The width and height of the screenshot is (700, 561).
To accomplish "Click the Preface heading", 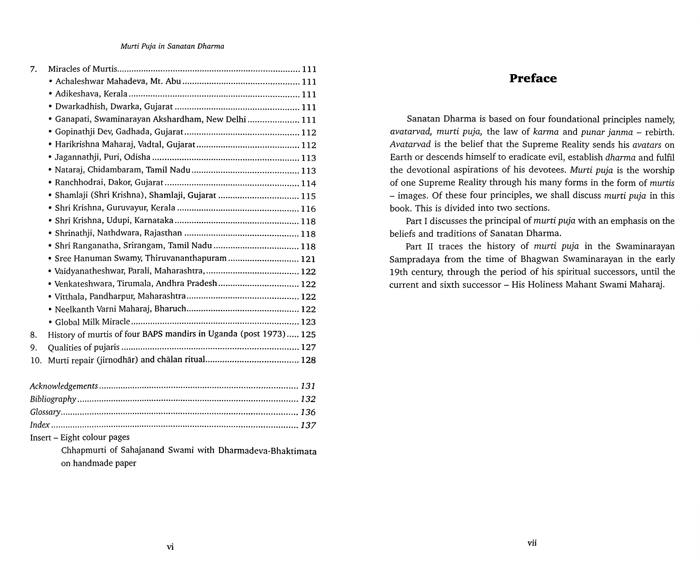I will pyautogui.click(x=533, y=79).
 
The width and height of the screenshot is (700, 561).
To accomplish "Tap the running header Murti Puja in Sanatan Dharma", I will pyautogui.click(x=172, y=46).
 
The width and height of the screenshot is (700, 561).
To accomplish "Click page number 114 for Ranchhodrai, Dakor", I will pyautogui.click(x=308, y=184).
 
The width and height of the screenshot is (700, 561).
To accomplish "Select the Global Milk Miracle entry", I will pyautogui.click(x=92, y=322).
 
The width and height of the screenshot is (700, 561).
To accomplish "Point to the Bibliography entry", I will pyautogui.click(x=53, y=399).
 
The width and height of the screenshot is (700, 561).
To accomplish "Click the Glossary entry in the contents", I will pyautogui.click(x=45, y=412).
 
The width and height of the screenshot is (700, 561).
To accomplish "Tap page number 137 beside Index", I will pyautogui.click(x=308, y=425).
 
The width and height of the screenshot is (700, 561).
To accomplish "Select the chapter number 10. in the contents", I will pyautogui.click(x=36, y=360).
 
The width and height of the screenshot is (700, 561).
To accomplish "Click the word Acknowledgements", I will pyautogui.click(x=64, y=386).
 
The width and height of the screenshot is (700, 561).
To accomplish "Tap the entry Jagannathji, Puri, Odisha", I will pyautogui.click(x=103, y=158).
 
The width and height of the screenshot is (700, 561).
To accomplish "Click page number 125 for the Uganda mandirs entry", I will pyautogui.click(x=308, y=334).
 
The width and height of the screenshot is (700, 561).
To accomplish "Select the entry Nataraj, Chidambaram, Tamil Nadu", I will pyautogui.click(x=123, y=170).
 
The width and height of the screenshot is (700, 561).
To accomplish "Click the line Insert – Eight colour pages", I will pyautogui.click(x=80, y=438).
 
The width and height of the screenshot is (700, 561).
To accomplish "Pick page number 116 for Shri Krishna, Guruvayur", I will pyautogui.click(x=308, y=209).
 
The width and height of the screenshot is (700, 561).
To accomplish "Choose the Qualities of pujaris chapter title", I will pyautogui.click(x=84, y=347).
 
